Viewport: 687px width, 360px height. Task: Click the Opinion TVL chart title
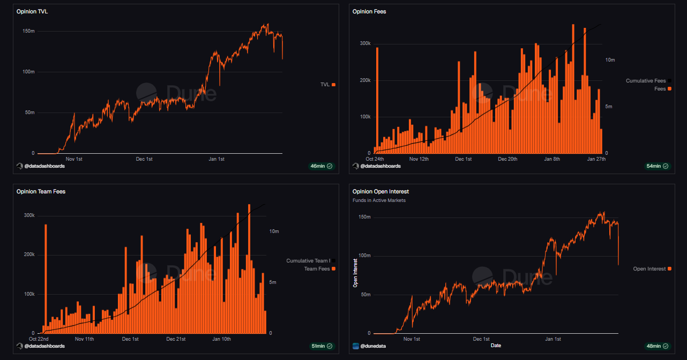click(32, 11)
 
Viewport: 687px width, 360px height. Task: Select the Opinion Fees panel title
click(369, 11)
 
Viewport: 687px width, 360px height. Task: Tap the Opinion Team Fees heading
click(41, 191)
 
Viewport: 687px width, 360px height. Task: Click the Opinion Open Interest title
click(380, 191)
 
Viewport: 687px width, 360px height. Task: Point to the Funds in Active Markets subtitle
click(379, 200)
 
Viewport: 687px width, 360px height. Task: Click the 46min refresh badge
click(321, 166)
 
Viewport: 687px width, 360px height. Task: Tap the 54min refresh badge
click(657, 166)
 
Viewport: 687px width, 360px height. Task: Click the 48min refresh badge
click(657, 346)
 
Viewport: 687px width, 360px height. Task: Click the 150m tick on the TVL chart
click(28, 31)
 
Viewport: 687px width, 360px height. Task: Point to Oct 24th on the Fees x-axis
click(375, 159)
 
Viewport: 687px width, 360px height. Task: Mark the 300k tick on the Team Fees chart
click(28, 215)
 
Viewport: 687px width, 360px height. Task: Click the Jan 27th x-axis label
click(596, 159)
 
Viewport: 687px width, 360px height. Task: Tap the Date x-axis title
click(496, 346)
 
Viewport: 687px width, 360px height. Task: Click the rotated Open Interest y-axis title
click(355, 273)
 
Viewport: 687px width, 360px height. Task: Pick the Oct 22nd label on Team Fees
click(39, 339)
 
